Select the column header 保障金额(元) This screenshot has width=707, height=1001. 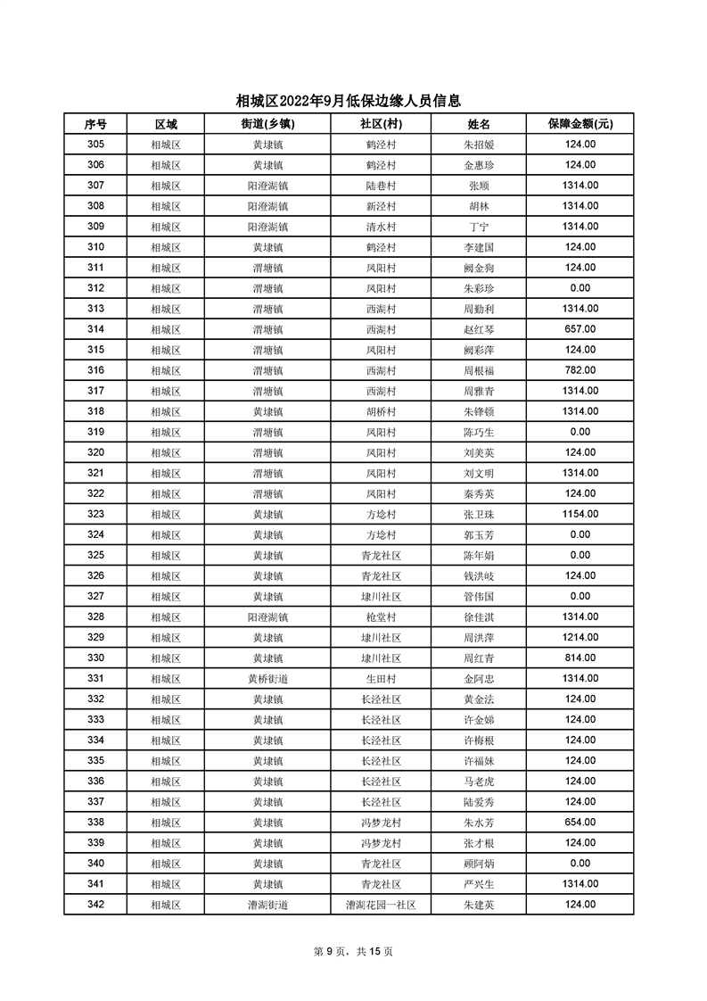pyautogui.click(x=580, y=124)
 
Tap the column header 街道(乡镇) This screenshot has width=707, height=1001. pyautogui.click(x=267, y=124)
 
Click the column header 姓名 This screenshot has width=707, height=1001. pyautogui.click(x=479, y=124)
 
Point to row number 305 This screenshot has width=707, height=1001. pyautogui.click(x=95, y=145)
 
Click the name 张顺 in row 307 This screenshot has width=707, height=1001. pyautogui.click(x=479, y=186)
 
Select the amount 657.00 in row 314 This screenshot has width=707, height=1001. pyautogui.click(x=580, y=329)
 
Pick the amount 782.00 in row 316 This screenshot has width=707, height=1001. pyautogui.click(x=580, y=370)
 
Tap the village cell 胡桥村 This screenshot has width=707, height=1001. pyautogui.click(x=381, y=411)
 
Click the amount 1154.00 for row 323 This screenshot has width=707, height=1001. pyautogui.click(x=580, y=514)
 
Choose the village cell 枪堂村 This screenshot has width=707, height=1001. pyautogui.click(x=381, y=616)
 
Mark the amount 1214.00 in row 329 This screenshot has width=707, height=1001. pyautogui.click(x=580, y=637)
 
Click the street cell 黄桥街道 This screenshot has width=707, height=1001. pyautogui.click(x=267, y=678)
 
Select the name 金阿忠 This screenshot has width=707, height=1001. pyautogui.click(x=479, y=678)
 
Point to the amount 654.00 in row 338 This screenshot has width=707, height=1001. pyautogui.click(x=580, y=822)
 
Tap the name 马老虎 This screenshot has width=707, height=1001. pyautogui.click(x=479, y=781)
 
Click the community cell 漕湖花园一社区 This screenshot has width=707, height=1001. pyautogui.click(x=381, y=905)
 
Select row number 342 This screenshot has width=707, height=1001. pyautogui.click(x=95, y=905)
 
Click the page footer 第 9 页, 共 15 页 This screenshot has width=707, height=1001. pyautogui.click(x=354, y=951)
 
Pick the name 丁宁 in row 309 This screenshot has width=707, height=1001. pyautogui.click(x=479, y=227)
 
